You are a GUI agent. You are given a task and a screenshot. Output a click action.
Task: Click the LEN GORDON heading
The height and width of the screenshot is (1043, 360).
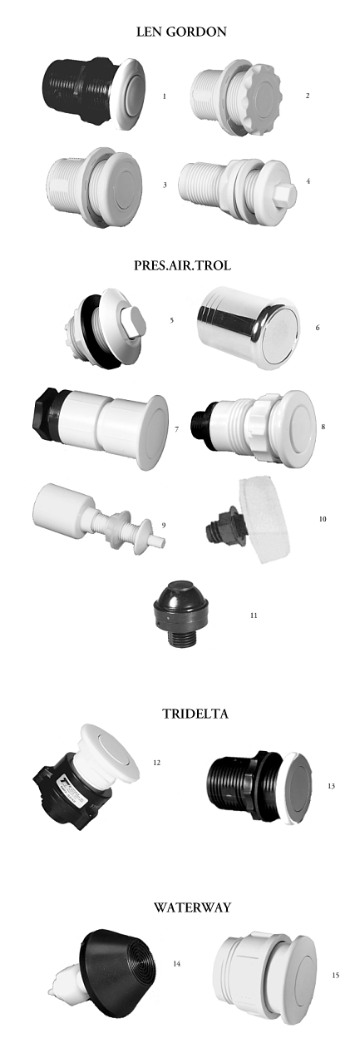(x=181, y=32)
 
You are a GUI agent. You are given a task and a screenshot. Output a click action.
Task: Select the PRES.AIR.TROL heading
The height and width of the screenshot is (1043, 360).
(x=182, y=265)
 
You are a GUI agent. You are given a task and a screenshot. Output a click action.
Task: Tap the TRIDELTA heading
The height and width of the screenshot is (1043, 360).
(x=195, y=714)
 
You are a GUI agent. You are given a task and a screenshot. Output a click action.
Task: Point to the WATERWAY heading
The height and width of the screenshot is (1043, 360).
(x=192, y=907)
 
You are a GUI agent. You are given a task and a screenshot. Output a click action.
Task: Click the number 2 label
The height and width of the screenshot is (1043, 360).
(x=308, y=96)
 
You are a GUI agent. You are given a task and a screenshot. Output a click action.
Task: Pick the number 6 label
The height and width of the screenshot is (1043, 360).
(x=318, y=328)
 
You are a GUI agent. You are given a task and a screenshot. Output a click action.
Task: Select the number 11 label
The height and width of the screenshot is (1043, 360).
(x=254, y=615)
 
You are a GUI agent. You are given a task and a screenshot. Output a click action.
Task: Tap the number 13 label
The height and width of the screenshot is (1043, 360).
(x=331, y=786)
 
